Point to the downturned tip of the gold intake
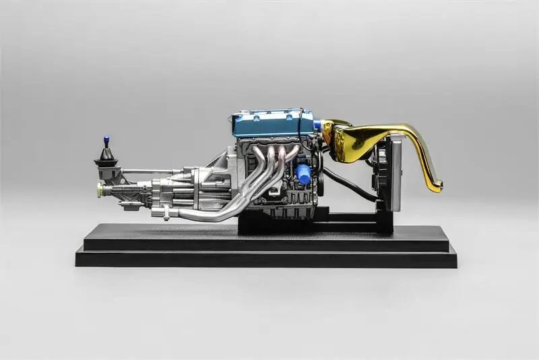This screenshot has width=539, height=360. click(435, 185)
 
